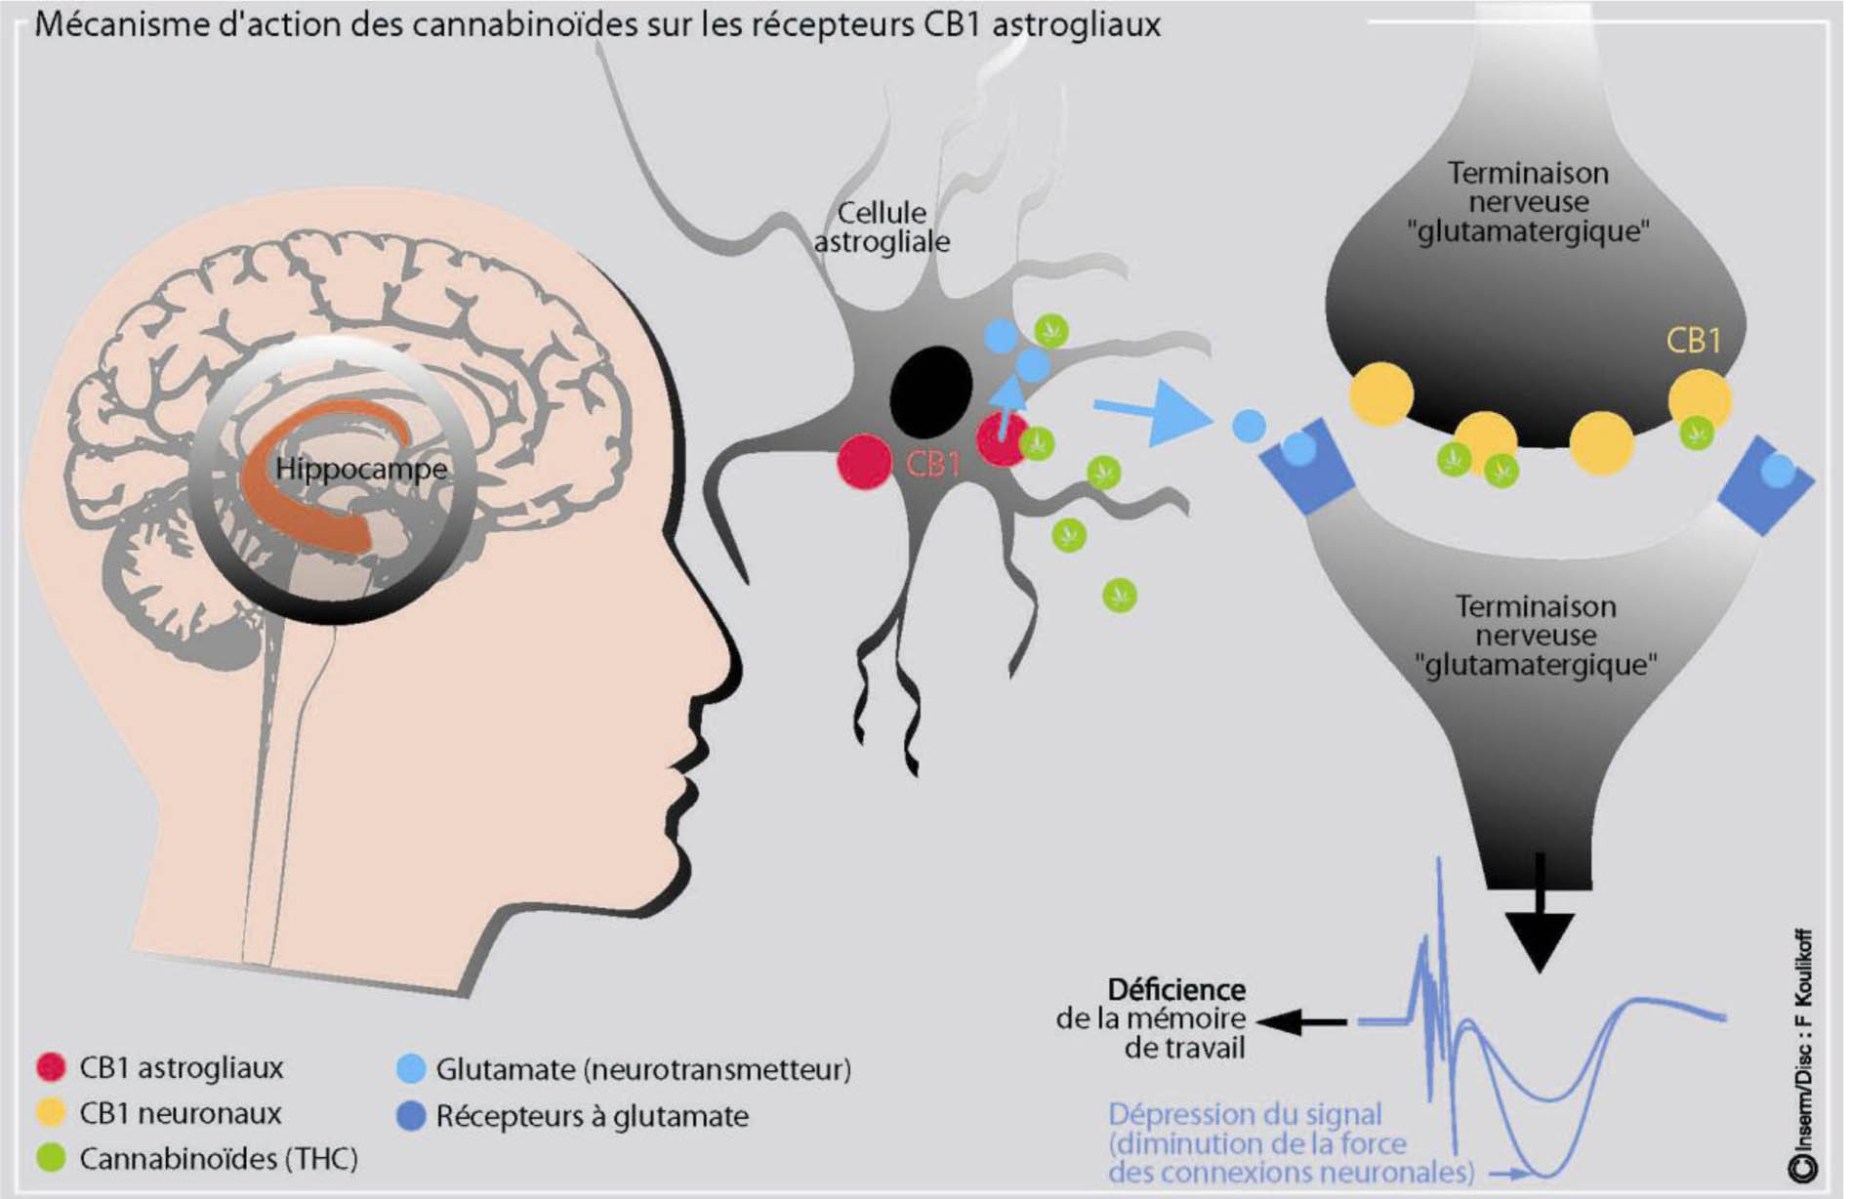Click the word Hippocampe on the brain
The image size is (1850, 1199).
(x=361, y=469)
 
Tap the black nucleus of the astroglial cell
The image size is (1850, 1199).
(x=930, y=393)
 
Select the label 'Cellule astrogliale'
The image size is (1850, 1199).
(x=882, y=227)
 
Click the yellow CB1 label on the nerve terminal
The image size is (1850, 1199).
(x=1693, y=341)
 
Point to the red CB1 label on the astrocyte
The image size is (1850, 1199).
(x=933, y=464)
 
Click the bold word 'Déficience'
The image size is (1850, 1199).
(x=1176, y=990)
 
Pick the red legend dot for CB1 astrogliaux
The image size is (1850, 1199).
(x=51, y=1067)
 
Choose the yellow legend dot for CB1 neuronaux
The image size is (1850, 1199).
(x=51, y=1112)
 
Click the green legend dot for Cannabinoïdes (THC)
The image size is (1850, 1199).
(x=51, y=1158)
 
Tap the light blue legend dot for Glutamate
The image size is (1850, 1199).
(x=411, y=1069)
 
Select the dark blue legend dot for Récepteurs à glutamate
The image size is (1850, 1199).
(x=411, y=1116)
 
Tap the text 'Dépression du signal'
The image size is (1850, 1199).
(x=1245, y=1114)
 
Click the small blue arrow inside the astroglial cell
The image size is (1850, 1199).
(x=1011, y=395)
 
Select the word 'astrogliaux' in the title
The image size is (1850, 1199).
(x=1077, y=24)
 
